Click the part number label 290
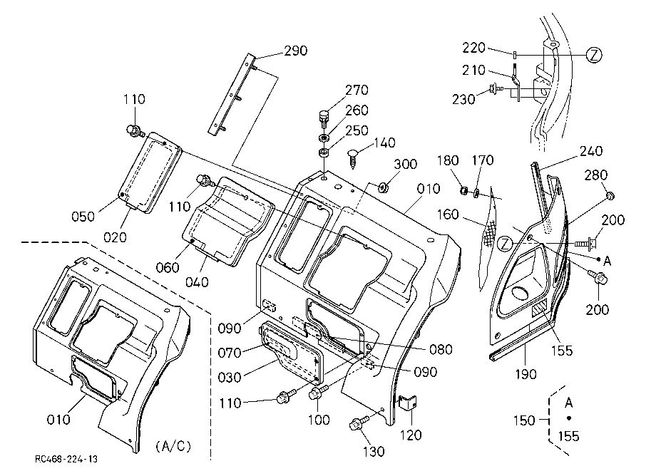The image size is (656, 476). coord(296,51)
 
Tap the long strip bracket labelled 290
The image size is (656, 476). coord(232,94)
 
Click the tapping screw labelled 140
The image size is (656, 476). coord(353,159)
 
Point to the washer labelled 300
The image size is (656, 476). coord(382,187)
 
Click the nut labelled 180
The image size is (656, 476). coord(463,190)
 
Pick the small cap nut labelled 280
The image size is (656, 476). coord(610,195)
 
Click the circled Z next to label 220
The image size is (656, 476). coord(594,55)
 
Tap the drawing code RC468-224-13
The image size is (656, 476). coord(66,460)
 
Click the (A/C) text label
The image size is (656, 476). coord(173,446)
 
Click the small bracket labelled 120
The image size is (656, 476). coord(407,403)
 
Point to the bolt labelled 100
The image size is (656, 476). coord(317,392)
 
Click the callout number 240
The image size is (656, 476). coord(590,151)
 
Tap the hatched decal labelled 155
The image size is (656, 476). coord(539,309)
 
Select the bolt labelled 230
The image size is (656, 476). coord(496,88)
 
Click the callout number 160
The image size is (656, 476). coord(448,214)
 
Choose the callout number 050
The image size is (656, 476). coord(83,217)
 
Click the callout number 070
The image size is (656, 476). coord(230,353)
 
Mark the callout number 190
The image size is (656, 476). coord(526,373)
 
